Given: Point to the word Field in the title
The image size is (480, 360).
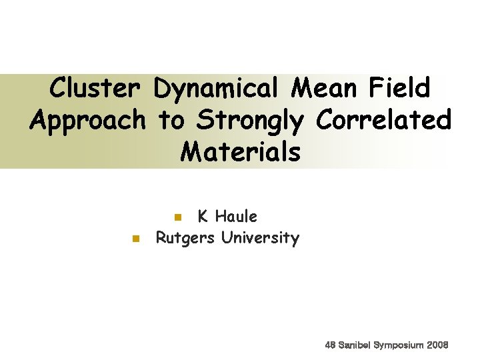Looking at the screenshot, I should click(x=400, y=87).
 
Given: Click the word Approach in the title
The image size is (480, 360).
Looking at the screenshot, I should click(x=87, y=121).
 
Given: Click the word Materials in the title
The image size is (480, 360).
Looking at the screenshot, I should click(x=240, y=152).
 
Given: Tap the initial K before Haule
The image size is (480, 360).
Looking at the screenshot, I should click(x=203, y=217).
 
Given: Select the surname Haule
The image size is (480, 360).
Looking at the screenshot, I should click(x=237, y=217).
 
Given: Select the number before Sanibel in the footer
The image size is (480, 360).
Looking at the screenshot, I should click(x=330, y=345).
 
